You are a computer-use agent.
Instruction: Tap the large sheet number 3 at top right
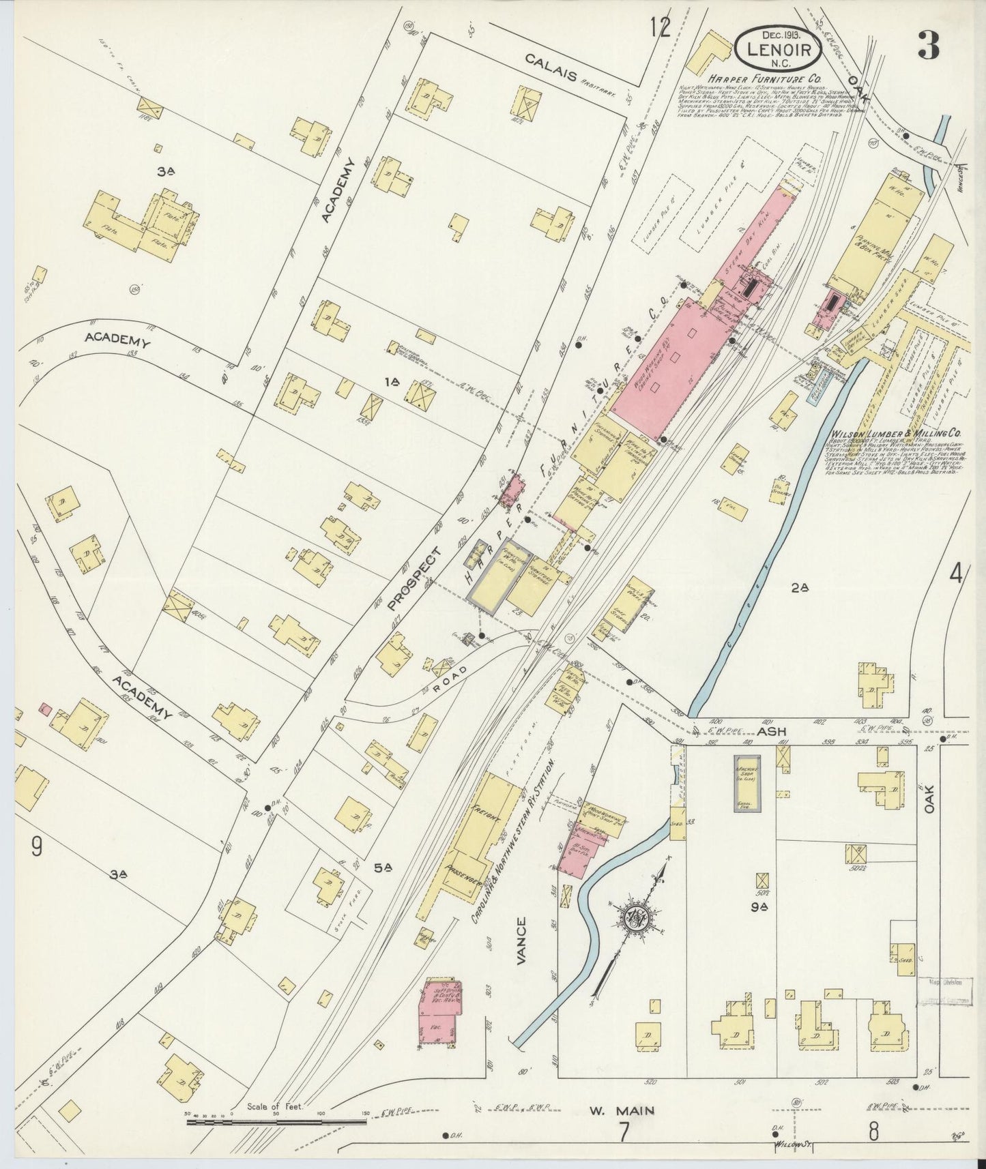pyautogui.click(x=928, y=47)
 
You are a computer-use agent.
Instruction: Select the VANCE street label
pyautogui.click(x=522, y=941)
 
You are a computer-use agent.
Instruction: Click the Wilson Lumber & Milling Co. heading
pyautogui.click(x=896, y=433)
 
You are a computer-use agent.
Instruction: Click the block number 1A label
pyautogui.click(x=392, y=384)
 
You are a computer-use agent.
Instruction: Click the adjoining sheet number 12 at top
pyautogui.click(x=660, y=28)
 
